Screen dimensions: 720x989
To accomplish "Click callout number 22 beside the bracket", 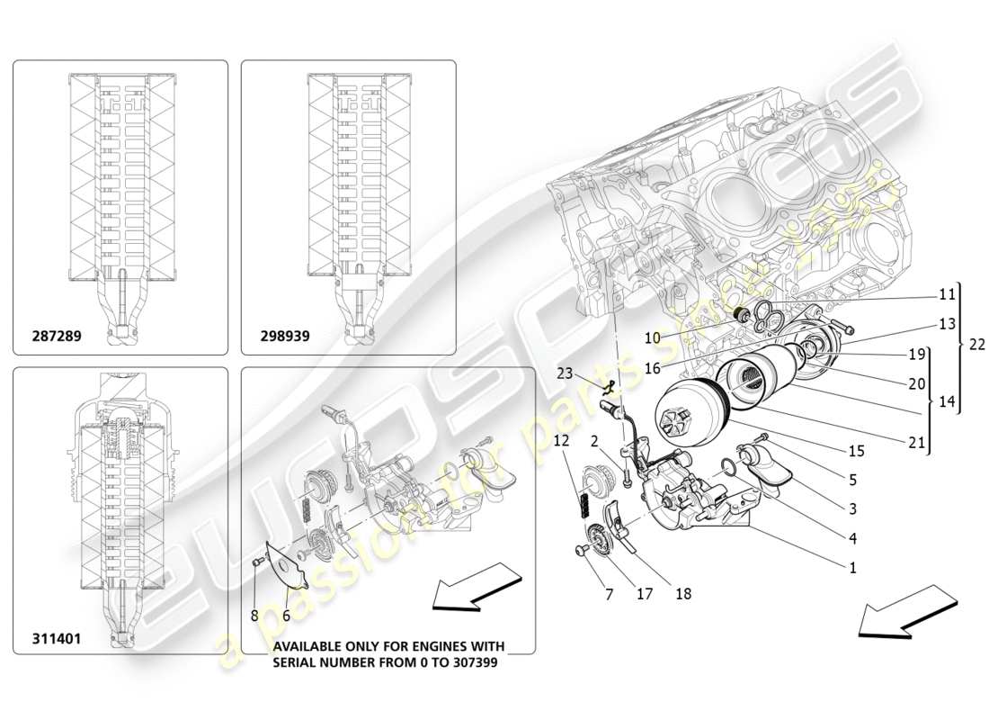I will [976, 343].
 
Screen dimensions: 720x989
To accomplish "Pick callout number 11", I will [947, 293].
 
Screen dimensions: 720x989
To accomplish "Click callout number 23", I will [564, 372].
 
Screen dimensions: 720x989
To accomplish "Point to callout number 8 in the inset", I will [255, 616].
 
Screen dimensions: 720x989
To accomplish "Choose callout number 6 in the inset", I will [287, 616].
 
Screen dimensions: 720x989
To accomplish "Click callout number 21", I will [916, 441].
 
